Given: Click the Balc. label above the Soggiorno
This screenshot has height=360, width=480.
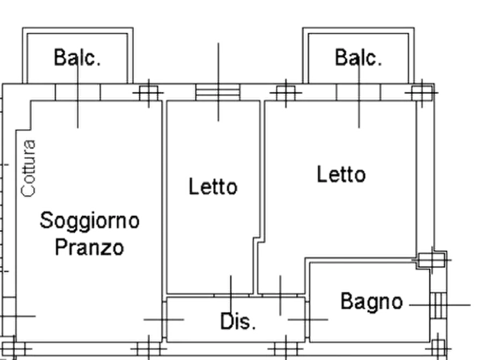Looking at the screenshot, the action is (77, 57).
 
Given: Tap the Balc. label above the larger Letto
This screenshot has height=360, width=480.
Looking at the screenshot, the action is (359, 57).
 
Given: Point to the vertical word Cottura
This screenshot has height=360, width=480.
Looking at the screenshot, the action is (28, 168).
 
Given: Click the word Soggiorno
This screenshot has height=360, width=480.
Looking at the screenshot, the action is (90, 221).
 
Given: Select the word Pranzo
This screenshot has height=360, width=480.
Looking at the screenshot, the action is (89, 247).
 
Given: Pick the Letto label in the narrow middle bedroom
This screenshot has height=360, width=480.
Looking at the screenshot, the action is (213, 186).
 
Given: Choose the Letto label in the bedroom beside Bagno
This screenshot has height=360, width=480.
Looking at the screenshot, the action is (341, 174).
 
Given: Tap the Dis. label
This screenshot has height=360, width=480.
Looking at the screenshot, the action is (238, 321).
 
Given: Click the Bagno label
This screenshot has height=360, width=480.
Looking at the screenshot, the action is (371, 301).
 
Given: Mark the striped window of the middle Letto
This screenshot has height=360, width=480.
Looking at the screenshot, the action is (218, 92).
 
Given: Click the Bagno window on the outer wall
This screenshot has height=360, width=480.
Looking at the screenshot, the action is (439, 305).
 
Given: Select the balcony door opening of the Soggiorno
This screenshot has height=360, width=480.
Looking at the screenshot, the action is (78, 92).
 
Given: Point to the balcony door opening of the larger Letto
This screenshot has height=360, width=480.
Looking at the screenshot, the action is (359, 92).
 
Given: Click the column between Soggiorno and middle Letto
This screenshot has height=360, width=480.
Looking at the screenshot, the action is (149, 93).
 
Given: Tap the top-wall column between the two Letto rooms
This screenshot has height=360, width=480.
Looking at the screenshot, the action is (286, 93).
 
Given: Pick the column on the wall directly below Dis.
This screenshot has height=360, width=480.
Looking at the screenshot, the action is (286, 349).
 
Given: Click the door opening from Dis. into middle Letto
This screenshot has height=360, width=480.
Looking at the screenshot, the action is (232, 295).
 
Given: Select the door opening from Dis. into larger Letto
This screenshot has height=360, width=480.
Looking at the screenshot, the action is (280, 295).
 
